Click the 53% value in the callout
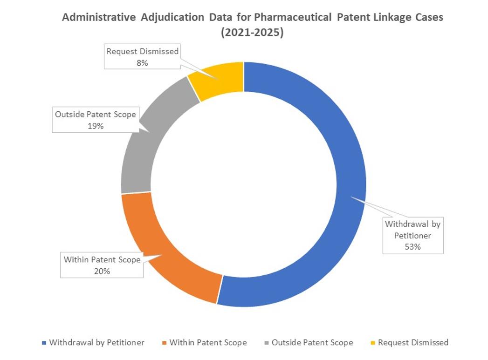(x=412, y=247)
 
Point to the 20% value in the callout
(x=102, y=271)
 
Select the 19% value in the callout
(x=96, y=126)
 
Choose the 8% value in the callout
(x=142, y=63)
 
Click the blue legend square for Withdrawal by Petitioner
(x=44, y=343)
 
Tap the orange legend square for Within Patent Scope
(x=165, y=343)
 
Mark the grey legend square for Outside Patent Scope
(x=267, y=343)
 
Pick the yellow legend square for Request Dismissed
(x=373, y=343)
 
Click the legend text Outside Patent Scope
(x=312, y=343)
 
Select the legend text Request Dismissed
(x=413, y=343)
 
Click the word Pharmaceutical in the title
(x=292, y=18)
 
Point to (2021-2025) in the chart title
(x=252, y=34)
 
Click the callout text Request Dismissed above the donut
(x=142, y=51)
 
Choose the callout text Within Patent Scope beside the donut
(x=102, y=260)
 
